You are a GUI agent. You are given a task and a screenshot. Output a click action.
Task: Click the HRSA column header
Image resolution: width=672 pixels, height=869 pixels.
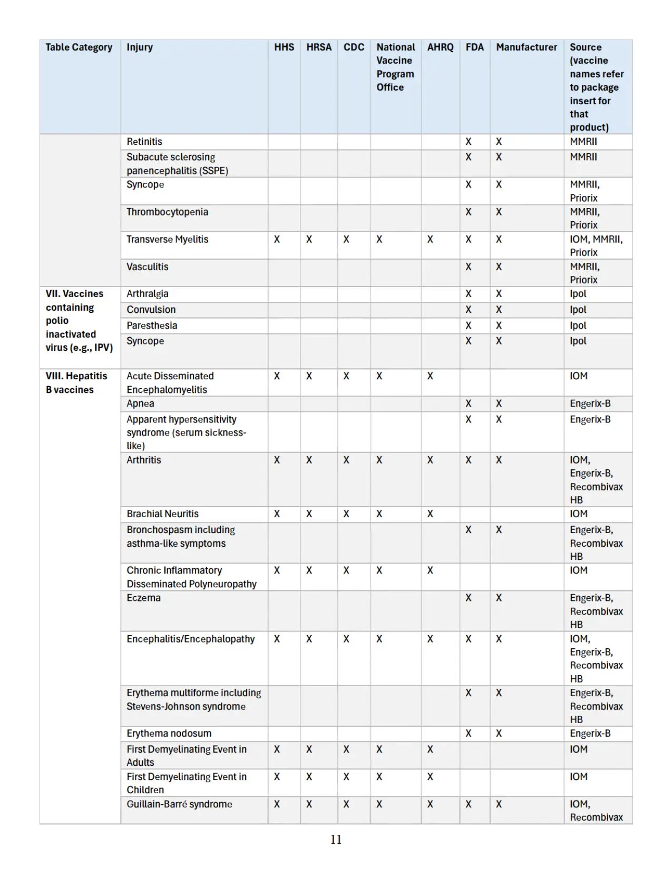319,47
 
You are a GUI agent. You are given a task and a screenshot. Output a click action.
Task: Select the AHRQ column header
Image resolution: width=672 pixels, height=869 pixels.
440,47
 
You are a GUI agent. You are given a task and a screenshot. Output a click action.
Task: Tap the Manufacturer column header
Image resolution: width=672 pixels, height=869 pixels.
526,47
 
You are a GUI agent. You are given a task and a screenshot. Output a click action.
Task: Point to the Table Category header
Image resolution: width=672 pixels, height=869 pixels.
79,47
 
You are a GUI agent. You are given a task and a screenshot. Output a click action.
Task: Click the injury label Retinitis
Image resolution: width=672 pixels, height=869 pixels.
144,142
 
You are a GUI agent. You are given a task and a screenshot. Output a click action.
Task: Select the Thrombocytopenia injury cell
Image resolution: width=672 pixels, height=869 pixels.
167,212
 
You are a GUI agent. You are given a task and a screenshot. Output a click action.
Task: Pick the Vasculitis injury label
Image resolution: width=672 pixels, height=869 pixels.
147,266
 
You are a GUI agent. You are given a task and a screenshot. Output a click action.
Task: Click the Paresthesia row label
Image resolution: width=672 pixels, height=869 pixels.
152,325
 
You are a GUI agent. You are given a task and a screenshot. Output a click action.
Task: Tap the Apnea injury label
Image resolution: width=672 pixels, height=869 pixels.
140,403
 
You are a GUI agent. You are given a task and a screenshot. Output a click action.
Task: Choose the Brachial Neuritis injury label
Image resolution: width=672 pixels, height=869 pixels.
162,513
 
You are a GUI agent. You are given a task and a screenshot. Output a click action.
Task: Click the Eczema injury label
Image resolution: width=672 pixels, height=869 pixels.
143,598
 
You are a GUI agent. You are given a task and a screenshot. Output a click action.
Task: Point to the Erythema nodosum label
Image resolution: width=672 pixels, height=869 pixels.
169,733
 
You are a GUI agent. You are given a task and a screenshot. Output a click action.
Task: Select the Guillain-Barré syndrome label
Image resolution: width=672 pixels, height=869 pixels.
179,804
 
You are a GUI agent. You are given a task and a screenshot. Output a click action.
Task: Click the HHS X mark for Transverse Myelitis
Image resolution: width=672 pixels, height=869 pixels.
277,239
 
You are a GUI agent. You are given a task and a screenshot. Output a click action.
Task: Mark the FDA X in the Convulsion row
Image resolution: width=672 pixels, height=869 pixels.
468,310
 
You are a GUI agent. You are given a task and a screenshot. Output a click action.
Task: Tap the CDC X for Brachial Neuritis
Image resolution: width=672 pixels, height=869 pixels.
346,513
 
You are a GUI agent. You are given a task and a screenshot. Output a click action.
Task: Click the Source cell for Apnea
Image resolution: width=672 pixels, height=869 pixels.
590,403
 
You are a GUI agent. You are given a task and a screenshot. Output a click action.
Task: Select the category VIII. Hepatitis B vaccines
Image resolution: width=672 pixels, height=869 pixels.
76,383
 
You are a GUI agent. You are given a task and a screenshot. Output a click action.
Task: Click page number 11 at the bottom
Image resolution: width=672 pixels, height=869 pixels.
336,840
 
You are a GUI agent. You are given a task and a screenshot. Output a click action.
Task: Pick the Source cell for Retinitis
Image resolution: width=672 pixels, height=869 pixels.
583,142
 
